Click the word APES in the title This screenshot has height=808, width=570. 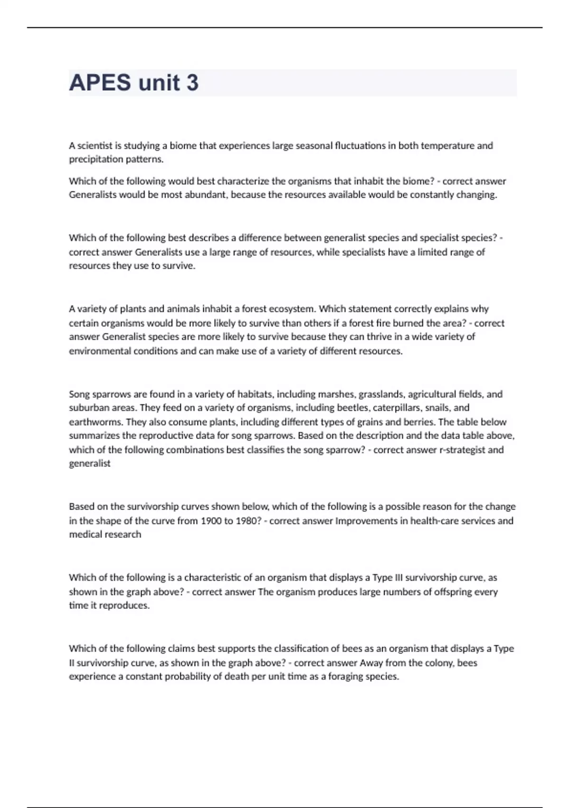click(x=100, y=83)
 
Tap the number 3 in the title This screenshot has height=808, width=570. click(x=192, y=83)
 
